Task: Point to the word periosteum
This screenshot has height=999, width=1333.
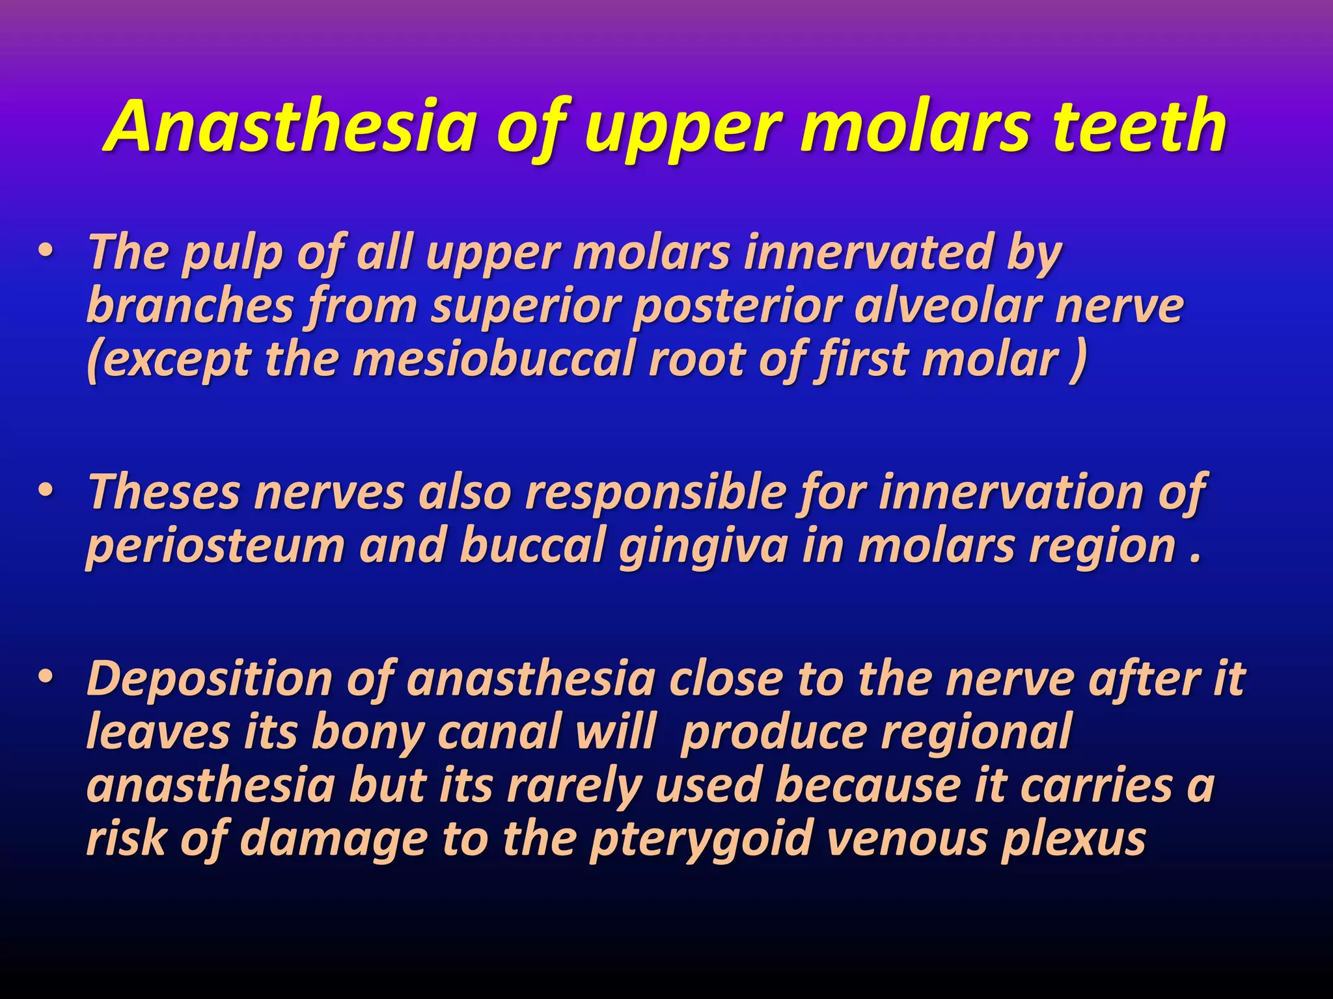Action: (215, 546)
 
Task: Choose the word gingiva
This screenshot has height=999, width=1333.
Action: (703, 546)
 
